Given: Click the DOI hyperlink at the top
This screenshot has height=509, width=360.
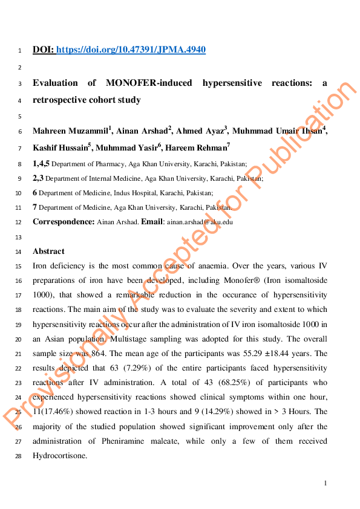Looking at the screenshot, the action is pos(131,50).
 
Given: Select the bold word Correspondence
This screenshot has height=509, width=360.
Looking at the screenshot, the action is pos(63,222).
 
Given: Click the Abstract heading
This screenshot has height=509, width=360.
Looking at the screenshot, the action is pos(48,251).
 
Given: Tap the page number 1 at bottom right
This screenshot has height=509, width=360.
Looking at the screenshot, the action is pos(326,483).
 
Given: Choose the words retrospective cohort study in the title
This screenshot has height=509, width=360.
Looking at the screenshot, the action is pos(87,100).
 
